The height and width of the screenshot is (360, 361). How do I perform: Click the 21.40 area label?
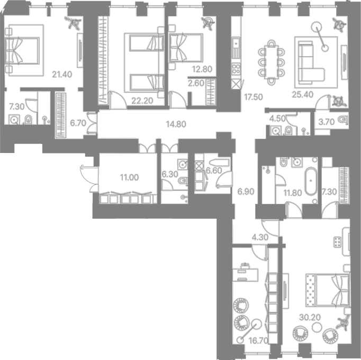pyautogui.click(x=62, y=75)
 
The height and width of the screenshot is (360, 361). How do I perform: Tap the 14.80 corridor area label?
pyautogui.click(x=176, y=124)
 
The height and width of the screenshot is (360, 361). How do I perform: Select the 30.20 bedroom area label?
pyautogui.click(x=310, y=318)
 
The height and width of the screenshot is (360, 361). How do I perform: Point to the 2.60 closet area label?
pyautogui.click(x=196, y=83)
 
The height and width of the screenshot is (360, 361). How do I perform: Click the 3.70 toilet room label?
pyautogui.click(x=327, y=122)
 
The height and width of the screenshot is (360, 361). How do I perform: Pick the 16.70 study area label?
pyautogui.click(x=259, y=340)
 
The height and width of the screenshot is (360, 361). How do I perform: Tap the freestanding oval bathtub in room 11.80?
pyautogui.click(x=311, y=181)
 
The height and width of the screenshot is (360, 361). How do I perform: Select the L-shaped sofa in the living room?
pyautogui.click(x=311, y=62)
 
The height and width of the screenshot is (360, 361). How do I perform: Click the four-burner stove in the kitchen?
pyautogui.click(x=236, y=68)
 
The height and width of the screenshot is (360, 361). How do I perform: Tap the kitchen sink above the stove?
pyautogui.click(x=236, y=43)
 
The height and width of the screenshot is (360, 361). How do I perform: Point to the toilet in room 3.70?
pyautogui.click(x=344, y=120)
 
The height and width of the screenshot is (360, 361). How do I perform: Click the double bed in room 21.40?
pyautogui.click(x=22, y=50)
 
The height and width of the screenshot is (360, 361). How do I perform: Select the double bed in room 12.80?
pyautogui.click(x=186, y=48)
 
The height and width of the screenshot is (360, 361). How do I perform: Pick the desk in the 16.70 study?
pyautogui.click(x=245, y=273)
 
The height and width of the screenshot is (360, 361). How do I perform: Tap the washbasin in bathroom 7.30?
pyautogui.click(x=14, y=120)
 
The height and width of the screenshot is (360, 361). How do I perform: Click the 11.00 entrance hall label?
pyautogui.click(x=129, y=177)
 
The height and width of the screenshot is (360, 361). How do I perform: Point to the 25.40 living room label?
pyautogui.click(x=303, y=94)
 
